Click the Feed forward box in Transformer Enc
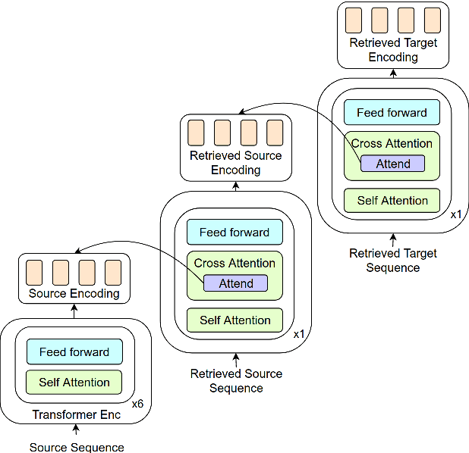pos(74,352)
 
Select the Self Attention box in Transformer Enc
pos(74,383)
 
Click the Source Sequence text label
pos(77,447)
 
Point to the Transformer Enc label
pos(76,414)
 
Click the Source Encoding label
pos(74,293)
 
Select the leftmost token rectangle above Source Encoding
pos(34,272)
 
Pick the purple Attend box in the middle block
pos(236,283)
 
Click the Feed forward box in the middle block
pos(234,233)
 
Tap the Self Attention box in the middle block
pos(235,320)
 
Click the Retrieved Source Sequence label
pos(236,381)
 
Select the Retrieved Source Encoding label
pos(236,163)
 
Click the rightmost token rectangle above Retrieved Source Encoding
pos(275,133)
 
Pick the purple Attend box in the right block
pos(393,164)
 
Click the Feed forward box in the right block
pos(392,113)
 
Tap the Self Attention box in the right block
pos(392,201)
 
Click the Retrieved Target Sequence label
pos(393,261)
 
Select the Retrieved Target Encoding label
pos(393,50)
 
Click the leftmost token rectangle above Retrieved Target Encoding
pos(354,19)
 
